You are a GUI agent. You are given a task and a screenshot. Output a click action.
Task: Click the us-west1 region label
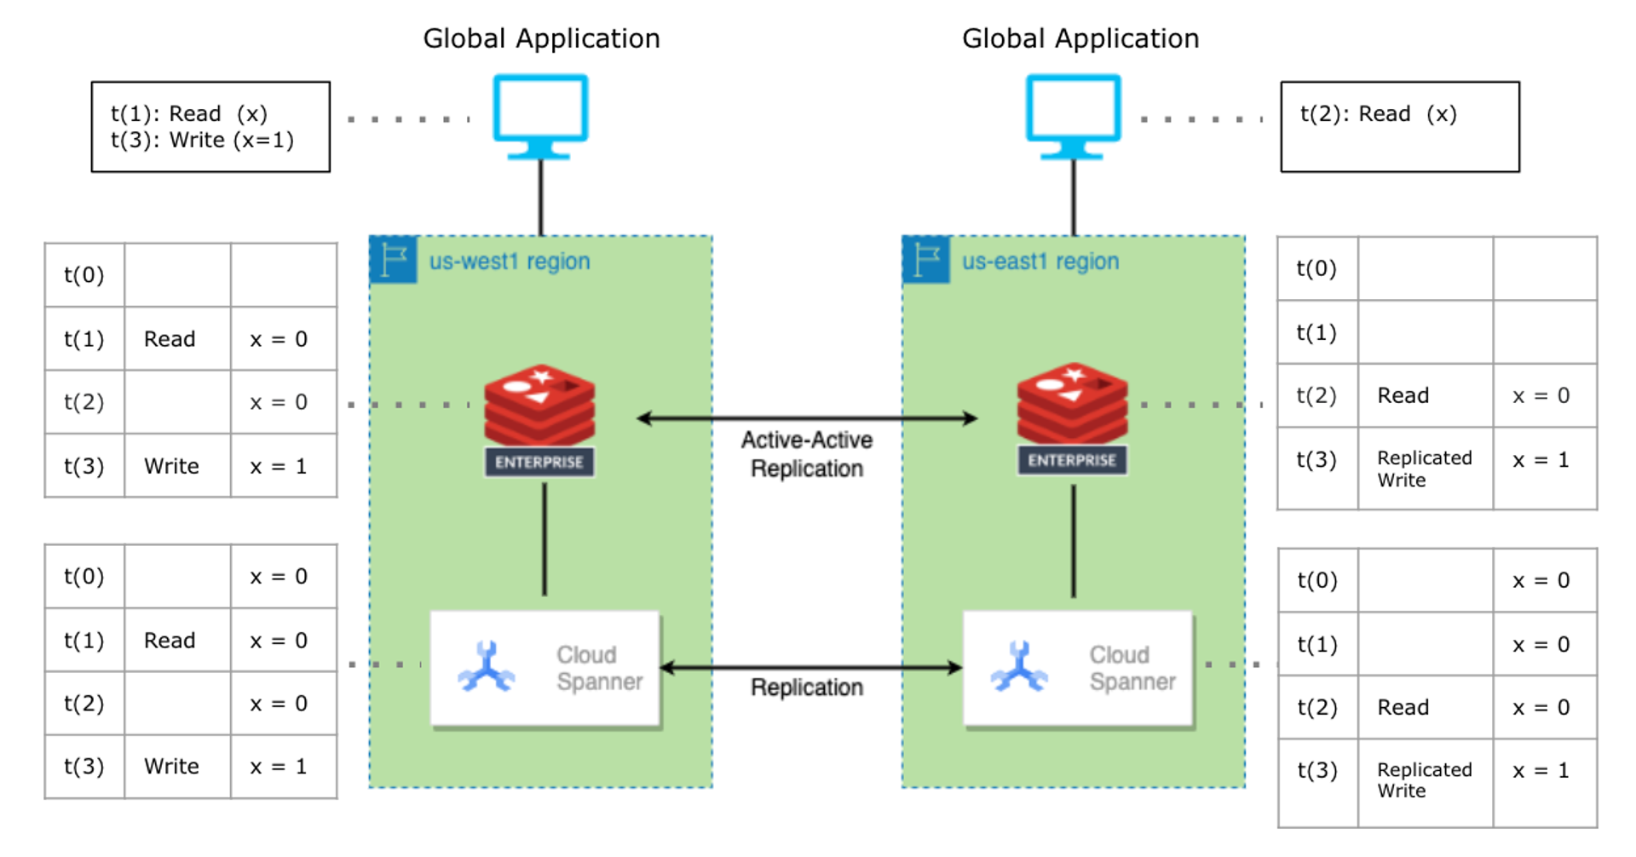509,262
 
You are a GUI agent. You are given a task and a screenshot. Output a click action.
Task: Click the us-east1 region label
1040,262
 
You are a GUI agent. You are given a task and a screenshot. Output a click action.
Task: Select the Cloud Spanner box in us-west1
545,669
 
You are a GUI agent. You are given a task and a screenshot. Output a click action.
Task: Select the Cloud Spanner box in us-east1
1078,669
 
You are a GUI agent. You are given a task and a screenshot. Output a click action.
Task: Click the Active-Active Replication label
806,454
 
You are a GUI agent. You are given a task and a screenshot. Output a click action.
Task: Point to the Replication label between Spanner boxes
806,687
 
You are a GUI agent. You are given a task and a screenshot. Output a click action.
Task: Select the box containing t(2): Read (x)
1399,127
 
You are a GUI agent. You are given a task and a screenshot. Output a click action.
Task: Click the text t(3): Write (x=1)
202,141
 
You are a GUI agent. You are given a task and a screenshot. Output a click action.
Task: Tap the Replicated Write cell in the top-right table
1424,469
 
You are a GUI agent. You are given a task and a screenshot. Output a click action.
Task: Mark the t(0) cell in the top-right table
1316,269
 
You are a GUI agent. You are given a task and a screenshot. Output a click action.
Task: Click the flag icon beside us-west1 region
394,260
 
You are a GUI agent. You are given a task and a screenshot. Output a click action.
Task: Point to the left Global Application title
541,38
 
